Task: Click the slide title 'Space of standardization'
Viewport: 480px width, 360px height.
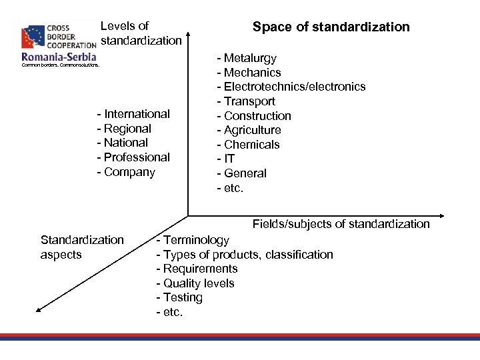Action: click(x=331, y=27)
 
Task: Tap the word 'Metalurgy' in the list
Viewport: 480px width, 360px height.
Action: click(x=250, y=59)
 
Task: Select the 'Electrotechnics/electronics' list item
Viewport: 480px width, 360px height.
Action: click(x=294, y=87)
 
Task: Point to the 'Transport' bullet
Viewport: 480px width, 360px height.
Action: click(x=249, y=101)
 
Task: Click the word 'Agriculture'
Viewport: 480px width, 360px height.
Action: click(x=252, y=130)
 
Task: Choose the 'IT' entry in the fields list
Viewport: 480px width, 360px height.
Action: click(x=230, y=159)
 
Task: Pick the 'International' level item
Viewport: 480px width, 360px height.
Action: click(x=137, y=114)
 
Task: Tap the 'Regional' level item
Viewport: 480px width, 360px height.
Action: click(x=127, y=129)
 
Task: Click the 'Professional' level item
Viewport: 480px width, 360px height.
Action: click(x=137, y=157)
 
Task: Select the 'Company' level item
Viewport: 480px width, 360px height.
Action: click(x=129, y=172)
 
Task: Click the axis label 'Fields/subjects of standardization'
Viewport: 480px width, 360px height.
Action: click(x=341, y=224)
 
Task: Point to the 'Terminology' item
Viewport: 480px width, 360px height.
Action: click(x=195, y=240)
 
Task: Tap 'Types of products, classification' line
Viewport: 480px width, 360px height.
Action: click(x=247, y=255)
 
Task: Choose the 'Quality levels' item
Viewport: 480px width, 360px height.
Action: click(x=198, y=283)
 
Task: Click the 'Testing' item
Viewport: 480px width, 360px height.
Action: click(x=182, y=297)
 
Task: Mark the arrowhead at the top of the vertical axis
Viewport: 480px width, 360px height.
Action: click(x=189, y=32)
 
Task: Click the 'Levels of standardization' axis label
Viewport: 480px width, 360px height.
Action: click(x=140, y=33)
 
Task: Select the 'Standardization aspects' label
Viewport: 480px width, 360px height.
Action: click(x=82, y=247)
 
